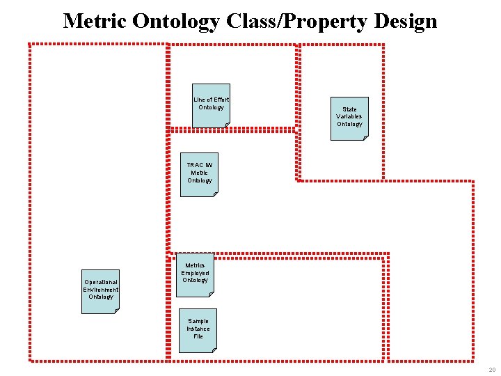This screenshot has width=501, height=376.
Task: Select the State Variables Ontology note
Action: [349, 118]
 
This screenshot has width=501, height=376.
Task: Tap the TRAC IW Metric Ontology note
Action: [199, 175]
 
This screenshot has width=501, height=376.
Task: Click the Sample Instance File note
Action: [198, 330]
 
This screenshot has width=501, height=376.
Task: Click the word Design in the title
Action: [405, 21]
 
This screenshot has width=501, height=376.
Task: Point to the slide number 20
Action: [492, 369]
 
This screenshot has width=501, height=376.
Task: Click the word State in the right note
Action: [349, 109]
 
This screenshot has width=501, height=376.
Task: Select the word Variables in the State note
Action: [349, 116]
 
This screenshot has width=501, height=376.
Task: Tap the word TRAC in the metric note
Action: [194, 165]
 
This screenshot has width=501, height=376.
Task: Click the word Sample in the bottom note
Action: [198, 321]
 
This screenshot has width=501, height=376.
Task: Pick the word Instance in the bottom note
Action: [198, 329]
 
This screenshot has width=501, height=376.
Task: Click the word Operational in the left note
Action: [101, 282]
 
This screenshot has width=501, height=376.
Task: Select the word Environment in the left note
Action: [101, 290]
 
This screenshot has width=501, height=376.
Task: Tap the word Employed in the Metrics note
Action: [195, 273]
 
